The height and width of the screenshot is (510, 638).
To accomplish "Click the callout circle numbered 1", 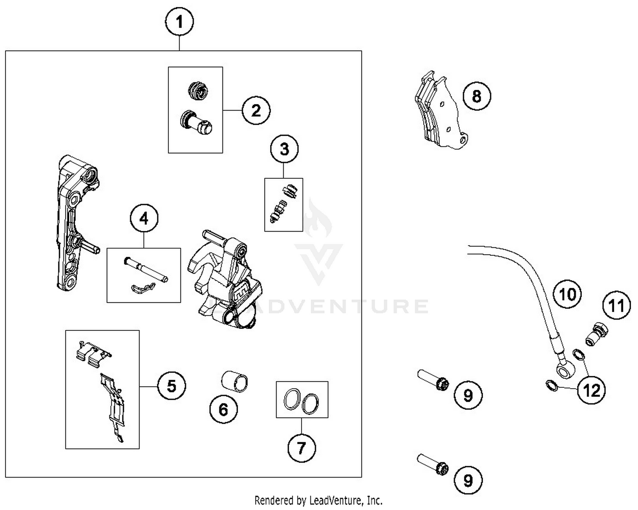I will [x=179, y=22].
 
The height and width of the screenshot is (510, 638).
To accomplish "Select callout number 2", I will [x=256, y=110].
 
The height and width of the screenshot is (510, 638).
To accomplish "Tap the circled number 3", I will [x=285, y=149].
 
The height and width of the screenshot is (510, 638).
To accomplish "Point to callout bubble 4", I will [x=144, y=218].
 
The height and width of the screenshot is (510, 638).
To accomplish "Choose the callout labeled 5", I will [x=171, y=386].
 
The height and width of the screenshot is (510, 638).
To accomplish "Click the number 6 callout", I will [x=223, y=410].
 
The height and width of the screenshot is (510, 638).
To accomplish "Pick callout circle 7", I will [x=302, y=447].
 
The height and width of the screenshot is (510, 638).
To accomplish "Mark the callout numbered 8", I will [x=476, y=96].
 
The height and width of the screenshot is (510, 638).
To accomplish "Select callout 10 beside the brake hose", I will [x=567, y=294].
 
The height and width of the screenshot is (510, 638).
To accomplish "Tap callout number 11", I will [x=617, y=306].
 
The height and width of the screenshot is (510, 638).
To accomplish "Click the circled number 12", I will [x=592, y=390].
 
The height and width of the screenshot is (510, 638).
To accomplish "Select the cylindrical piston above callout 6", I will [x=235, y=380].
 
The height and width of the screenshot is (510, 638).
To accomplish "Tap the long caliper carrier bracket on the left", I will [x=72, y=221].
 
